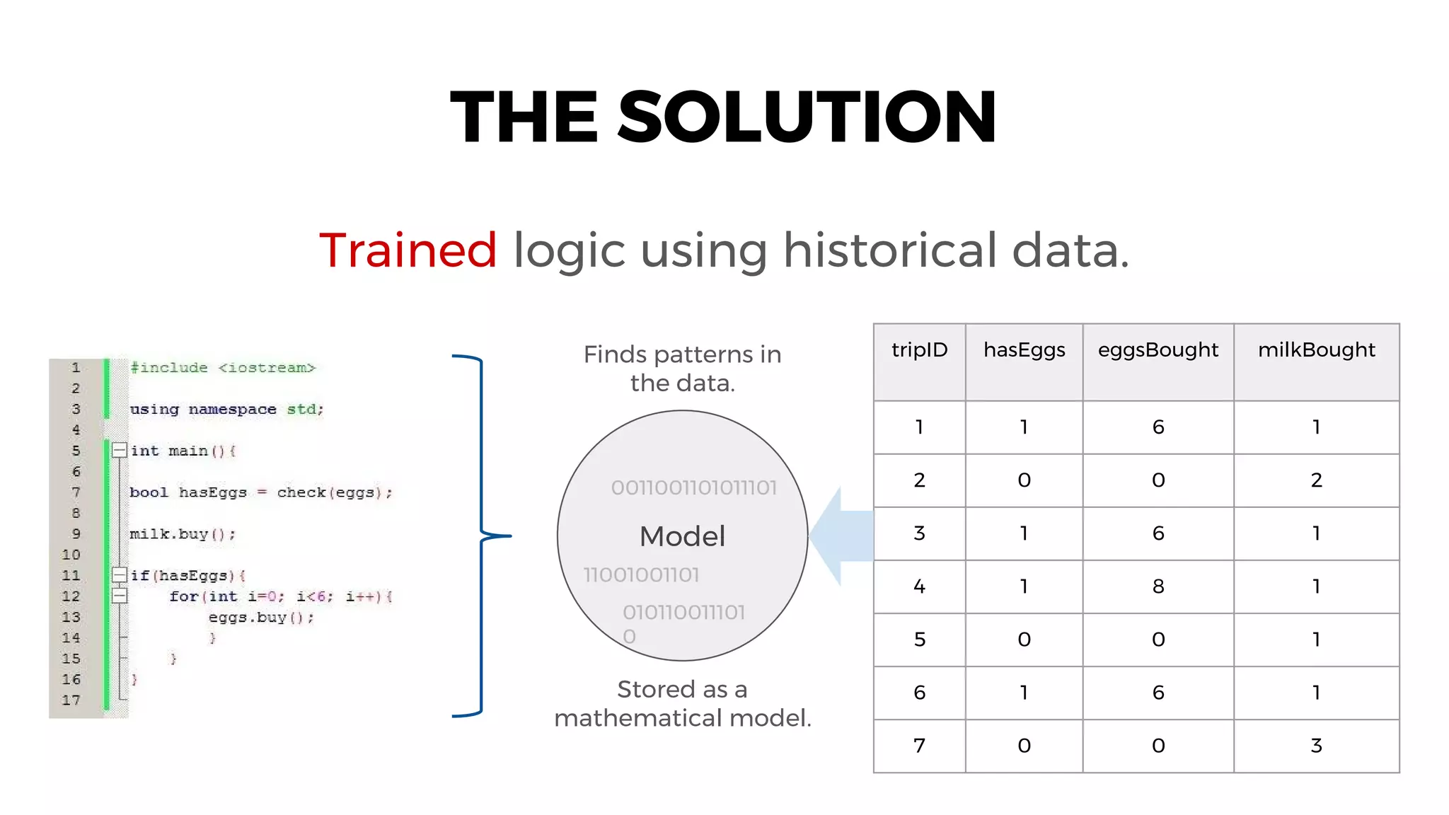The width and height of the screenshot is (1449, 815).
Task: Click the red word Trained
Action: click(408, 250)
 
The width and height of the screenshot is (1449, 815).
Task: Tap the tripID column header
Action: click(919, 350)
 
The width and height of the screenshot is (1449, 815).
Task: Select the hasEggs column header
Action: click(1024, 350)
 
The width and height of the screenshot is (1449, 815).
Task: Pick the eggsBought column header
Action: click(1158, 350)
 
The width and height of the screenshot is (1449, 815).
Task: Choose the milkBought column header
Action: click(1316, 350)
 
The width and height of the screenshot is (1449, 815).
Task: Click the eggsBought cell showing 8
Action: click(1158, 586)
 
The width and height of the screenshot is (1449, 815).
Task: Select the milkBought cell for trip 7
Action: click(1316, 746)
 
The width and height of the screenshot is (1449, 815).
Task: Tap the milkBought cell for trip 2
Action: click(1316, 480)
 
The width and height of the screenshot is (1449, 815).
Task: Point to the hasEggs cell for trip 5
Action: click(1024, 640)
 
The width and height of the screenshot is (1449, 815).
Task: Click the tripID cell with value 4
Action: click(919, 586)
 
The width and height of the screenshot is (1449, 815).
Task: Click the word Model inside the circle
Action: click(682, 536)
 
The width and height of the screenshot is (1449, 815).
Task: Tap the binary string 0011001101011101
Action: click(693, 487)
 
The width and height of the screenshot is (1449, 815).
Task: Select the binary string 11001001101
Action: click(641, 574)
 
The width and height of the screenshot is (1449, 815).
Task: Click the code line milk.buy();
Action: click(183, 534)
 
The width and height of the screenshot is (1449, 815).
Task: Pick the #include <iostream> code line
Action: click(222, 368)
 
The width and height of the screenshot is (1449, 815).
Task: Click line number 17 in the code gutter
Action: click(71, 700)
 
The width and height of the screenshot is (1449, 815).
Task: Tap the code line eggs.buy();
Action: click(260, 618)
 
